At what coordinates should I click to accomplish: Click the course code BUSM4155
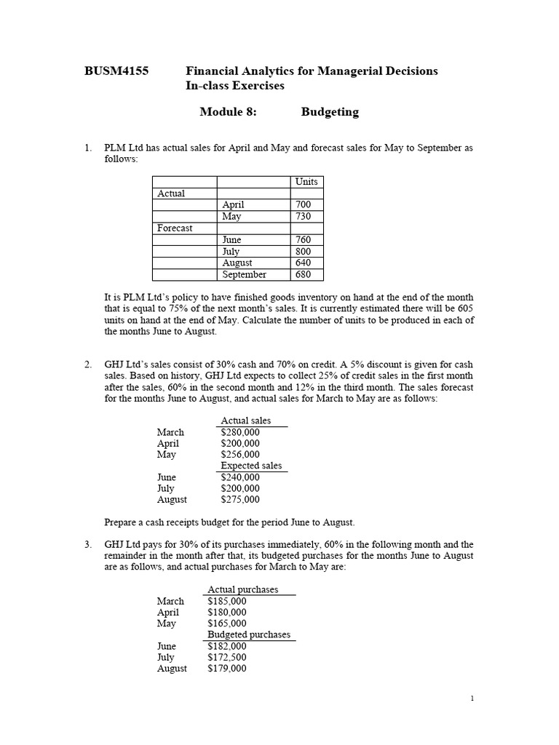click(117, 71)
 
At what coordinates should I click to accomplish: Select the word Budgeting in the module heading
click(330, 112)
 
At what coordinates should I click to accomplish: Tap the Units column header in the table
click(306, 182)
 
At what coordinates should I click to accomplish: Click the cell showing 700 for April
click(304, 205)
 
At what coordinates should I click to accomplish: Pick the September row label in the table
click(245, 275)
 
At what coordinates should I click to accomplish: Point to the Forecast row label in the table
click(175, 228)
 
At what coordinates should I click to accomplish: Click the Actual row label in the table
click(171, 194)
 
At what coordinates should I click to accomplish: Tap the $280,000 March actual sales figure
click(239, 432)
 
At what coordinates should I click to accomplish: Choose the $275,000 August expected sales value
click(239, 500)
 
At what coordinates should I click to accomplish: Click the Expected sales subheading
click(251, 466)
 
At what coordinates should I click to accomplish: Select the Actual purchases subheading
click(243, 590)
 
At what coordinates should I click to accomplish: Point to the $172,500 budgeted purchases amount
click(227, 657)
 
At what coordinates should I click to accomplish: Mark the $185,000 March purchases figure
click(227, 602)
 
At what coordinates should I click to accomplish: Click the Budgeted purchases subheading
click(249, 635)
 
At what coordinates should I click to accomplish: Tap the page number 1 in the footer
click(472, 699)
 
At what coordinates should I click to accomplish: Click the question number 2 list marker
click(87, 364)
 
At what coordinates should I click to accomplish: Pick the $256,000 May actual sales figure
click(239, 455)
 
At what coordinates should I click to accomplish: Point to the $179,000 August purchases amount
click(227, 669)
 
